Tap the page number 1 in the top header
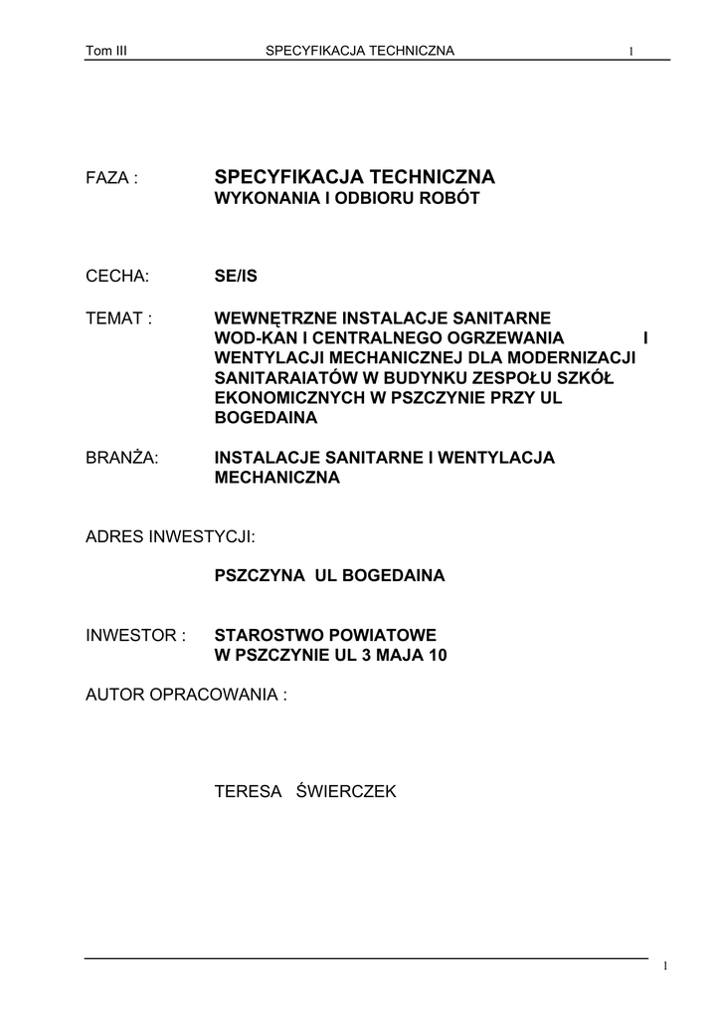coord(631,52)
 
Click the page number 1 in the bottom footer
coord(664,967)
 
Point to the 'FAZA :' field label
coord(111,178)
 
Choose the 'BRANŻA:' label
coord(122,458)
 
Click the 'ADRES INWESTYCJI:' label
coord(171,536)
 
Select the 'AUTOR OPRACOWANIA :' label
coord(186,694)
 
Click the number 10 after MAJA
coord(439,655)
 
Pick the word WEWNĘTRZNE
coord(275,318)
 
